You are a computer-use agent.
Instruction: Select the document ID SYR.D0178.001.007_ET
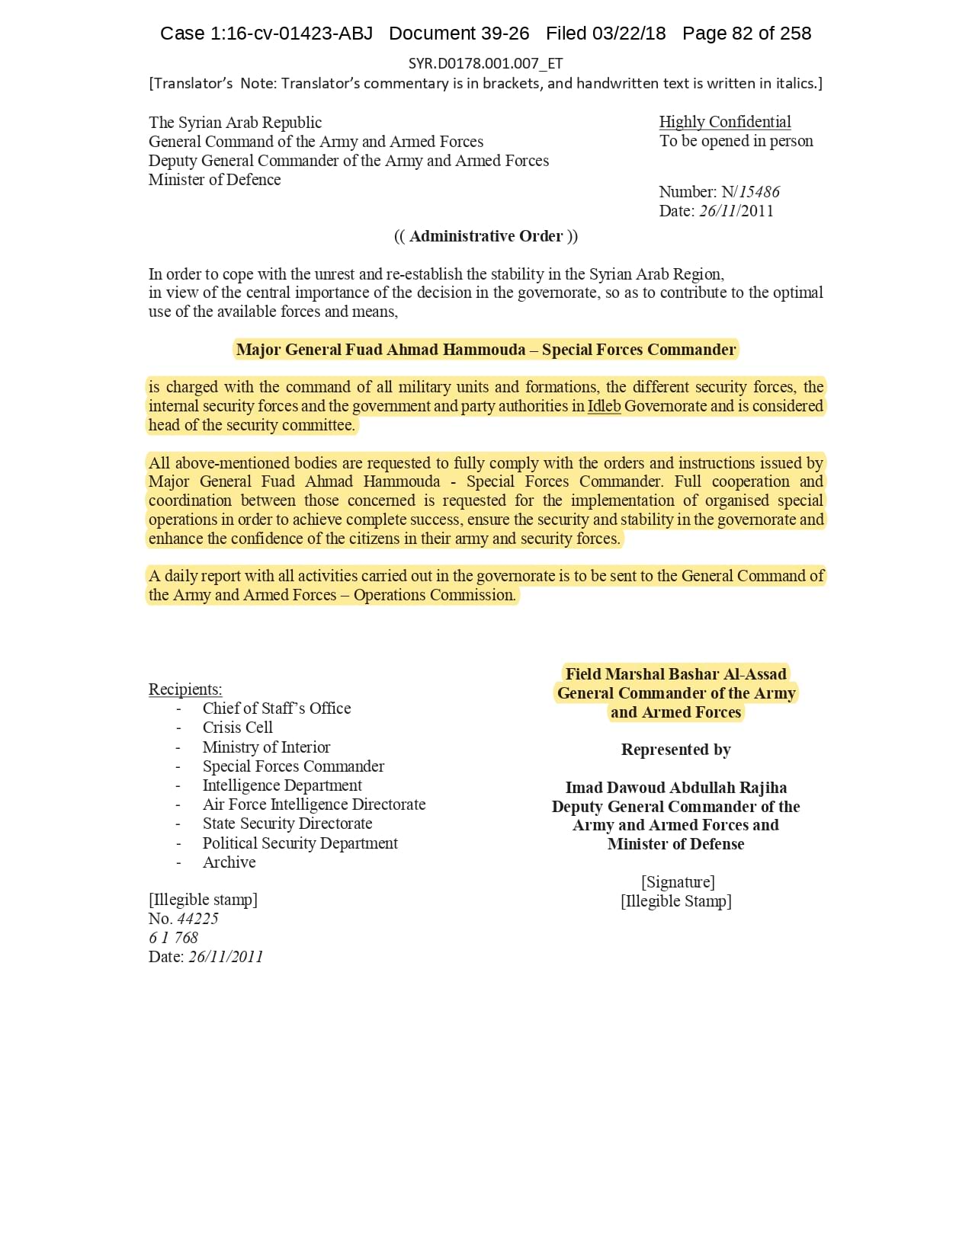pyautogui.click(x=486, y=63)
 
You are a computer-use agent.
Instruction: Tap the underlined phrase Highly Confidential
pyautogui.click(x=724, y=122)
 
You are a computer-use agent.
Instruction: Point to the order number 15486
pyautogui.click(x=759, y=192)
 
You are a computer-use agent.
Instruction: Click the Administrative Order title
pyautogui.click(x=486, y=236)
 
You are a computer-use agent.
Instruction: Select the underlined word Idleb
pyautogui.click(x=604, y=406)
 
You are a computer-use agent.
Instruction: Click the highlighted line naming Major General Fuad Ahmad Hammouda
pyautogui.click(x=486, y=350)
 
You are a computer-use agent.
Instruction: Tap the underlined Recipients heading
pyautogui.click(x=185, y=689)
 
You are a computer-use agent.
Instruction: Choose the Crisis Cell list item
pyautogui.click(x=237, y=728)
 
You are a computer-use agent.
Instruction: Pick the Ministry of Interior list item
pyautogui.click(x=266, y=747)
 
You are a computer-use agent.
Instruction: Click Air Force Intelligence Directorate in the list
pyautogui.click(x=313, y=804)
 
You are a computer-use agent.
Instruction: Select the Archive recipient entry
pyautogui.click(x=229, y=862)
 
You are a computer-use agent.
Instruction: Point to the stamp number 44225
pyautogui.click(x=197, y=919)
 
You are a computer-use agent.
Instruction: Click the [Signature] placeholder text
pyautogui.click(x=678, y=882)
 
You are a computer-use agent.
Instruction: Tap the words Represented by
pyautogui.click(x=675, y=750)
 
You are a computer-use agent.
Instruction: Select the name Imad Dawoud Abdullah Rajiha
pyautogui.click(x=675, y=788)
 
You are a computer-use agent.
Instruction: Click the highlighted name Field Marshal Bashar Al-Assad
pyautogui.click(x=675, y=674)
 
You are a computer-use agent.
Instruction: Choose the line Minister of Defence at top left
pyautogui.click(x=214, y=180)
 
